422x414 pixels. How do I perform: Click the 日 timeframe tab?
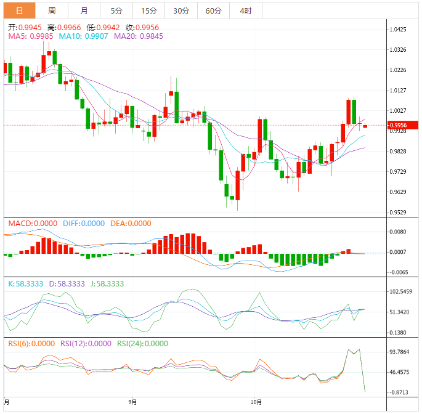19,11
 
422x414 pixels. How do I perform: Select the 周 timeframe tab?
52,11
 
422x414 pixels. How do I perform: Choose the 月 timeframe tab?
84,11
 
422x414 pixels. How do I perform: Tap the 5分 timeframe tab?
116,11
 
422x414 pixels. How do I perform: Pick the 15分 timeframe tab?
148,11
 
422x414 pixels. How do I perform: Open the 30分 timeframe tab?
181,11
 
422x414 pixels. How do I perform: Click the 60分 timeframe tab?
213,11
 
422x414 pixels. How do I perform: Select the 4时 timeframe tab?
245,11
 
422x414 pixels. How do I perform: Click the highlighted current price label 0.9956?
403,126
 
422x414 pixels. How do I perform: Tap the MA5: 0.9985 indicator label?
30,36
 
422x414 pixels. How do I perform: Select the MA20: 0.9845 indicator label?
129,36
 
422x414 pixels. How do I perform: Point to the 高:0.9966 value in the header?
63,27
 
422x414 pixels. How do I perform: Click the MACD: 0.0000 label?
33,224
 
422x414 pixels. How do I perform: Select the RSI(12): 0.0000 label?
86,344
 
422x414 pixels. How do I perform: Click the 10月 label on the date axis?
258,402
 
